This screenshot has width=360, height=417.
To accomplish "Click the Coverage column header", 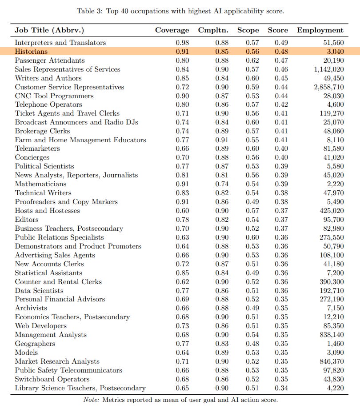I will pyautogui.click(x=172, y=30).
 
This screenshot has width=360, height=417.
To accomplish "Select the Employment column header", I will pyautogui.click(x=320, y=30).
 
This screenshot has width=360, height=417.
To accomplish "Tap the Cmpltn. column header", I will pyautogui.click(x=219, y=30).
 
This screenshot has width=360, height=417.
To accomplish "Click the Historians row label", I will pyautogui.click(x=31, y=52).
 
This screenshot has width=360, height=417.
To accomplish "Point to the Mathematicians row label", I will pyautogui.click(x=40, y=184).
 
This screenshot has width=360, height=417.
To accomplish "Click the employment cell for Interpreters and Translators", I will pyautogui.click(x=332, y=43).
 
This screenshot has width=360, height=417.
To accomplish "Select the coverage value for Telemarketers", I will pyautogui.click(x=182, y=149).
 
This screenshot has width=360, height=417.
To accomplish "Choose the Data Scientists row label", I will pyautogui.click(x=39, y=290).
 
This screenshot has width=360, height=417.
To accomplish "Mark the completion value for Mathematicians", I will pyautogui.click(x=222, y=184).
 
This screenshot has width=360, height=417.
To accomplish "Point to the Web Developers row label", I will pyautogui.click(x=41, y=326).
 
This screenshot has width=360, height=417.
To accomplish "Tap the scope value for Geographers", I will pyautogui.click(x=252, y=344).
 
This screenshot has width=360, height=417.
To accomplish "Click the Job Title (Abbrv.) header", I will pyautogui.click(x=49, y=30).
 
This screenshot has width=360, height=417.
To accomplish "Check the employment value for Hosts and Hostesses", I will pyautogui.click(x=332, y=211).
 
